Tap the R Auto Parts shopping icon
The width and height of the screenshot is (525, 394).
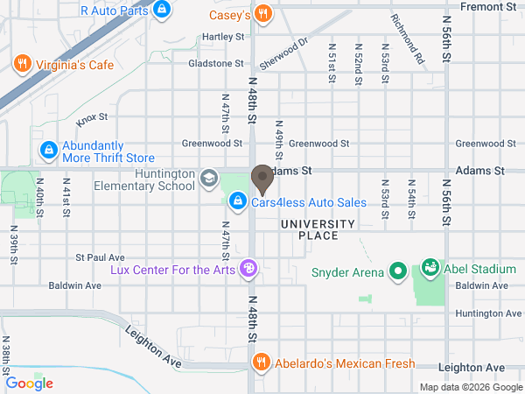point(160,11)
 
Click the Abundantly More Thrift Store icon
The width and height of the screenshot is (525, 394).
point(48,151)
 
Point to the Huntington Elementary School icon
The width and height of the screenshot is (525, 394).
point(208,179)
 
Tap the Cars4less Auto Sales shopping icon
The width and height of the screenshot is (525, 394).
point(237,202)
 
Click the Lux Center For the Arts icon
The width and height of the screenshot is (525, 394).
point(248,269)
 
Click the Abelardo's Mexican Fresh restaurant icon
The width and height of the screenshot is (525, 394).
point(260,362)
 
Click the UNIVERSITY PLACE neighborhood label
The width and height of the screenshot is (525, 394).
point(317,230)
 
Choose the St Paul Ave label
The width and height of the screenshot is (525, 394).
point(100,257)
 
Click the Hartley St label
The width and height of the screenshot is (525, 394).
point(222,37)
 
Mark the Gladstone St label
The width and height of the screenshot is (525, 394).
point(215,63)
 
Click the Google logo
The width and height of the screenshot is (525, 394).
point(30,383)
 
